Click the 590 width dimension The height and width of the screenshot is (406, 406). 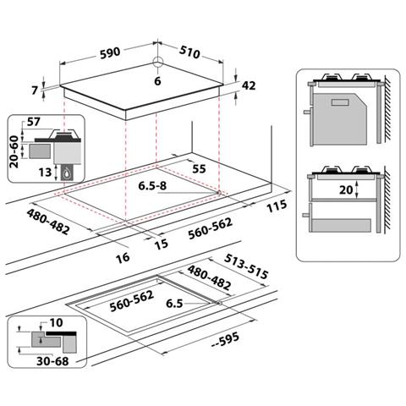pos(110,52)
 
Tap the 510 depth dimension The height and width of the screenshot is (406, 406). pos(189,52)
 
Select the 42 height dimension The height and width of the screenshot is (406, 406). pos(249,85)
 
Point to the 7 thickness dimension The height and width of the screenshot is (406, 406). pos(35,91)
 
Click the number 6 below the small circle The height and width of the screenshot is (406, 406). pos(157,81)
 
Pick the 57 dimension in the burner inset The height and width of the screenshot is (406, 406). pos(34,122)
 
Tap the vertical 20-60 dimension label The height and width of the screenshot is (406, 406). pos(14,151)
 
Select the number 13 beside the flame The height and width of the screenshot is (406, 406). pos(45,173)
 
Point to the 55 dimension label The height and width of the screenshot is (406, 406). pos(199,169)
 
